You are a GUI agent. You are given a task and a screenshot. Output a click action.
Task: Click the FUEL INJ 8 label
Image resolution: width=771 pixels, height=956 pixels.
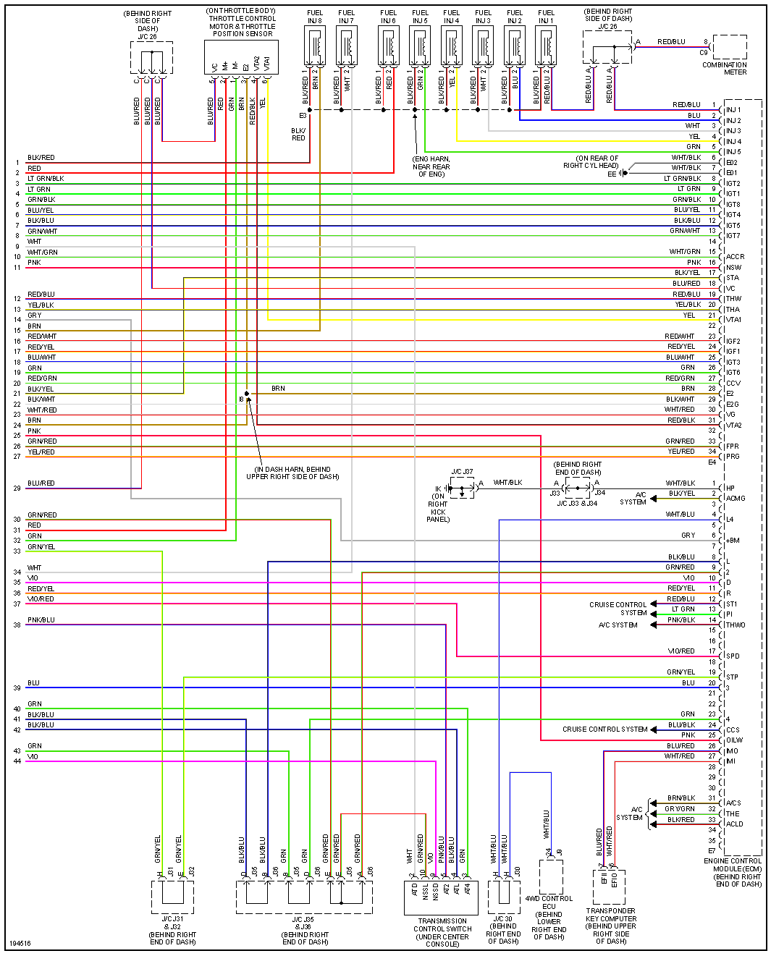pos(315,17)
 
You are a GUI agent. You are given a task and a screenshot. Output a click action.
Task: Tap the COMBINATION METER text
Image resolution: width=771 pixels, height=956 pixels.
pos(724,68)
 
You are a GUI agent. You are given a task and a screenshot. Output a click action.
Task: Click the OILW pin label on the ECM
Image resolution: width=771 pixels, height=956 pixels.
pos(734,740)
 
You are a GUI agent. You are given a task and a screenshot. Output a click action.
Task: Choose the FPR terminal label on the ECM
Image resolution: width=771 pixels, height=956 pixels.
pos(733,447)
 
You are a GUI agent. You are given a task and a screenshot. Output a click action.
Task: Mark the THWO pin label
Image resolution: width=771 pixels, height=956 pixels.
pos(736,625)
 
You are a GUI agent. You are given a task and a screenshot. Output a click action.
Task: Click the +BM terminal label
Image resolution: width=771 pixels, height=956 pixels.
pos(733,541)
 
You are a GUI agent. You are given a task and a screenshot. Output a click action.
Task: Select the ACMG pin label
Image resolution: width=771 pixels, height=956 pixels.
pos(736,498)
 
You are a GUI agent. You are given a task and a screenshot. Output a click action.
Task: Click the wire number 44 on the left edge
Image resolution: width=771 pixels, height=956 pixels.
pos(17,761)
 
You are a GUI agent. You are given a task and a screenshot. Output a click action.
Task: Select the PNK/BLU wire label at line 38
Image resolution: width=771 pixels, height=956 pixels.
pos(41,620)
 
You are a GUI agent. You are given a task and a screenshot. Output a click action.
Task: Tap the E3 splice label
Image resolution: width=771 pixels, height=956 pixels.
pos(303,116)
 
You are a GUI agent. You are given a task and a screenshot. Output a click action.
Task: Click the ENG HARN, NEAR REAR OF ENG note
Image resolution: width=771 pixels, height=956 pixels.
pos(431,166)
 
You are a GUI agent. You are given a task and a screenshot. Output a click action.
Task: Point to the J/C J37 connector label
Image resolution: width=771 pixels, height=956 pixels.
pos(462,472)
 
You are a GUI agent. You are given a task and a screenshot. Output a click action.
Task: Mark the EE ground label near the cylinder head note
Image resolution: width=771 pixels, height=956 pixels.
pos(612,174)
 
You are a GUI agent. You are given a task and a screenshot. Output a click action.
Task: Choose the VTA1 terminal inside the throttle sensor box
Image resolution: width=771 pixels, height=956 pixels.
pos(266,64)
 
